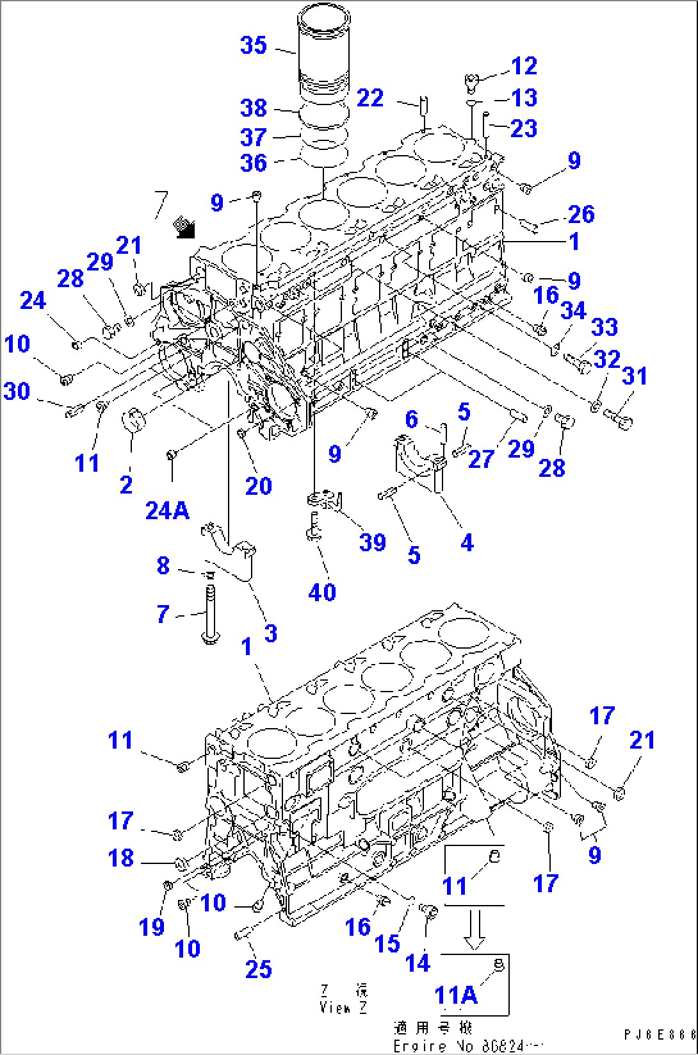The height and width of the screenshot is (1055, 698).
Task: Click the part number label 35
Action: [254, 46]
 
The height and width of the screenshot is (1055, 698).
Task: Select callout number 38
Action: [254, 108]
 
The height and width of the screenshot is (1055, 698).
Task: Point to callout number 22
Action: [369, 98]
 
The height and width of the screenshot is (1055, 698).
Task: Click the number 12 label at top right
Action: [523, 65]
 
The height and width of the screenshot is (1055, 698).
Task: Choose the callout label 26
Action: [581, 213]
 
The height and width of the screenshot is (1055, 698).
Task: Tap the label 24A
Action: [166, 510]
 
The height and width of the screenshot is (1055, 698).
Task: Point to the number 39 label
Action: [372, 542]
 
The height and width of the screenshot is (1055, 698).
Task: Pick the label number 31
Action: [635, 376]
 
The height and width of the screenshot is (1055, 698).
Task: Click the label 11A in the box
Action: [455, 995]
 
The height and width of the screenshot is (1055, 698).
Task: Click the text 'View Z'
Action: [344, 1008]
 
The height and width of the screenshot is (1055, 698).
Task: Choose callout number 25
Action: [258, 968]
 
